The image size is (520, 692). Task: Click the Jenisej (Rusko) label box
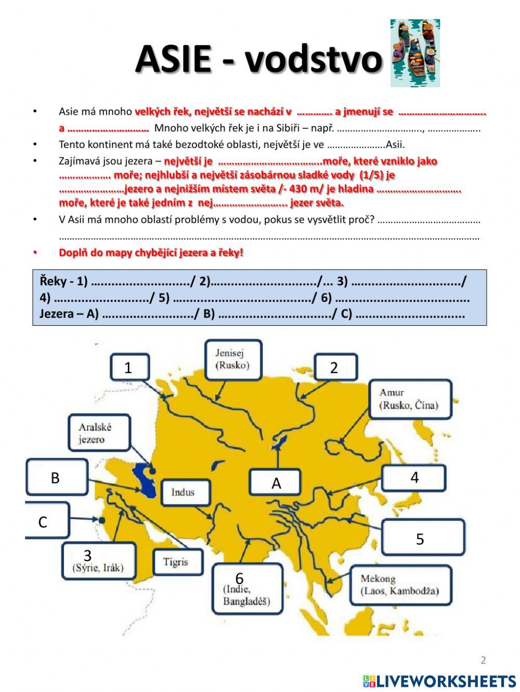232,359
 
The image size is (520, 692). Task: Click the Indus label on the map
183,493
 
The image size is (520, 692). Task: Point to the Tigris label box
175,562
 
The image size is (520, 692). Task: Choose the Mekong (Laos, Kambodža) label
400,585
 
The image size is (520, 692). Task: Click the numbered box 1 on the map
128,368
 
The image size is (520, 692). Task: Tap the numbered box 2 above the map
334,368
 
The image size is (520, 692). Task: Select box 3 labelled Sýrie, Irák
99,561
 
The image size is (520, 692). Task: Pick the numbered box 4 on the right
414,477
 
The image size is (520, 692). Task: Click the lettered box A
276,483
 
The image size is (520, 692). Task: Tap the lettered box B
56,477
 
